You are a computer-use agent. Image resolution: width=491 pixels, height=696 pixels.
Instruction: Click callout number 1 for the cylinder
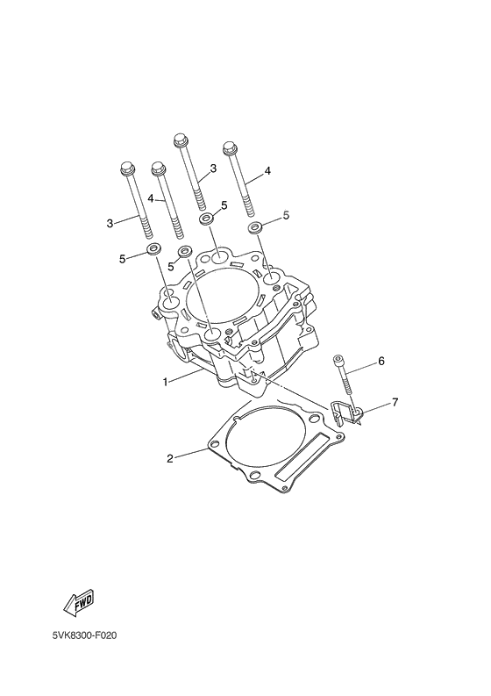165,382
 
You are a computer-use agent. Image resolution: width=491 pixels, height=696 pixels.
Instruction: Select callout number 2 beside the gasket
171,458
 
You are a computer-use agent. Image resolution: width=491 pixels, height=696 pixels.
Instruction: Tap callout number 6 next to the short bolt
381,361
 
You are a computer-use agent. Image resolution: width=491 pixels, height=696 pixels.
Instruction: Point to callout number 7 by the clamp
395,403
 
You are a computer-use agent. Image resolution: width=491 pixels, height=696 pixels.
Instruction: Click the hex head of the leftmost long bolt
125,167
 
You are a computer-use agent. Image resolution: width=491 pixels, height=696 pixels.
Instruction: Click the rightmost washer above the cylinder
256,227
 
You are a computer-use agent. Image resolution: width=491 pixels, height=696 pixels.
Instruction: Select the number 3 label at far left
110,224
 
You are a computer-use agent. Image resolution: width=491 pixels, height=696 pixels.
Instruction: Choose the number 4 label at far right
267,171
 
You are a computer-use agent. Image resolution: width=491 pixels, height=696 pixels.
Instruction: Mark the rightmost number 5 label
285,215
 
